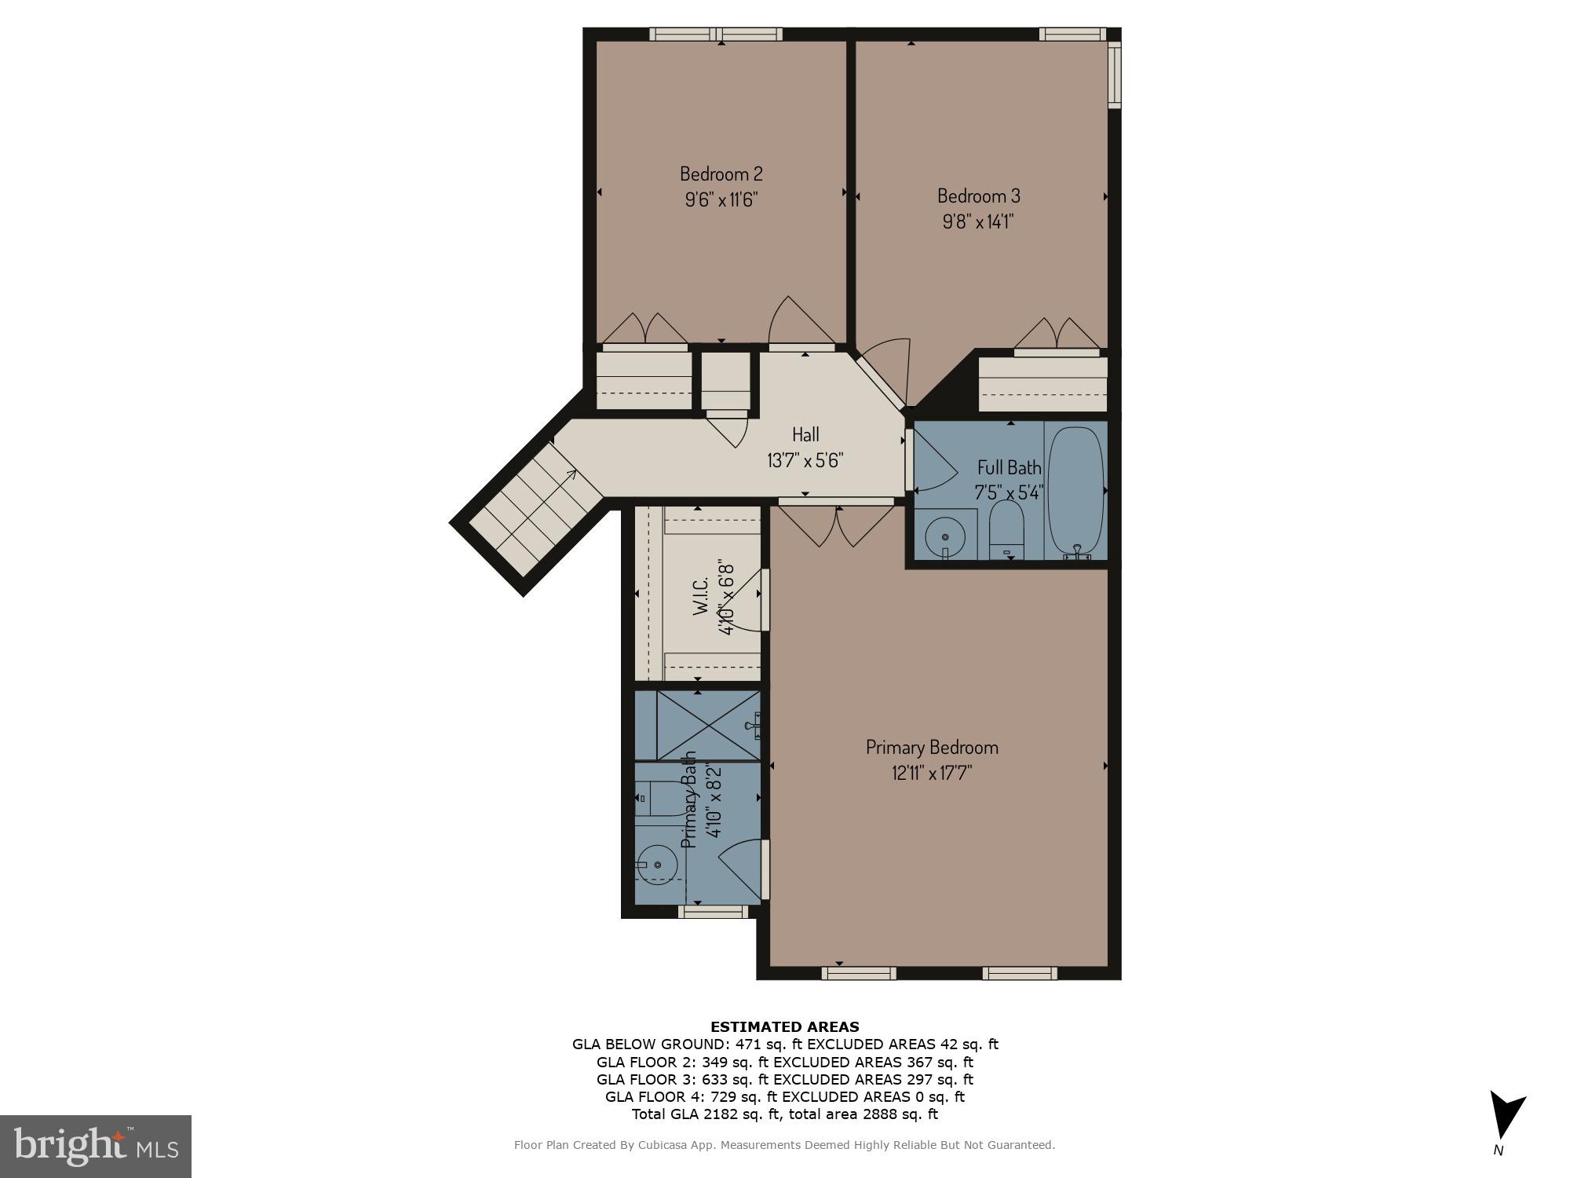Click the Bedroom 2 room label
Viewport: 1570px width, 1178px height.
[x=721, y=174]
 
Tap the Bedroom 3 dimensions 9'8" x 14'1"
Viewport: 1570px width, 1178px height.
[x=978, y=221]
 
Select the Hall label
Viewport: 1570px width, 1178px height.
[x=805, y=434]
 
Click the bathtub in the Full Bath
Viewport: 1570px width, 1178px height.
[x=1075, y=491]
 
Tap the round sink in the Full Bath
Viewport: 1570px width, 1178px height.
[x=945, y=536]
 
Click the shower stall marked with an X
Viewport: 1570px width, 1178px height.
[x=707, y=726]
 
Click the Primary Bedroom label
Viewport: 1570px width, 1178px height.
[x=932, y=747]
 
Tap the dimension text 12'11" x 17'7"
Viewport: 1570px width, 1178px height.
[x=932, y=773]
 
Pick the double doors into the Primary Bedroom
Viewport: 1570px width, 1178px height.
[x=837, y=525]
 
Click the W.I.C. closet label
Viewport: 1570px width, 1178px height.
[x=702, y=594]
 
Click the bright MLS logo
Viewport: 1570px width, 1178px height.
[x=96, y=1146]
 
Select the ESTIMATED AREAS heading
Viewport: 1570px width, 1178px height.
[x=784, y=1026]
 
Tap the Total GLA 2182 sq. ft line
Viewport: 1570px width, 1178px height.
[x=784, y=1114]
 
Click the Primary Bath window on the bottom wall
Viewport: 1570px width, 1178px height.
[x=713, y=912]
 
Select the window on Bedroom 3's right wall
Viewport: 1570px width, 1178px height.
[x=1114, y=75]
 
